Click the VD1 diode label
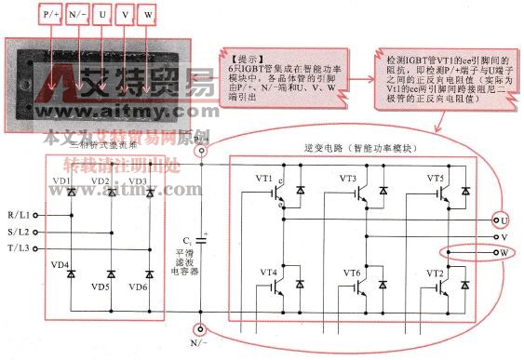click(x=61, y=180)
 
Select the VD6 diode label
click(x=139, y=287)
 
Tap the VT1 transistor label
click(x=264, y=178)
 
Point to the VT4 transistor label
click(x=267, y=273)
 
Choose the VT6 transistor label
click(x=351, y=273)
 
